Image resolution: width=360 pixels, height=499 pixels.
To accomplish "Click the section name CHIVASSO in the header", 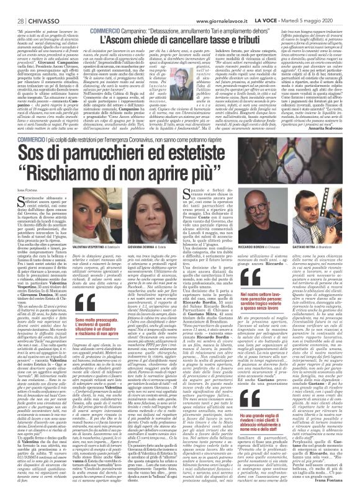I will pos(35,6).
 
